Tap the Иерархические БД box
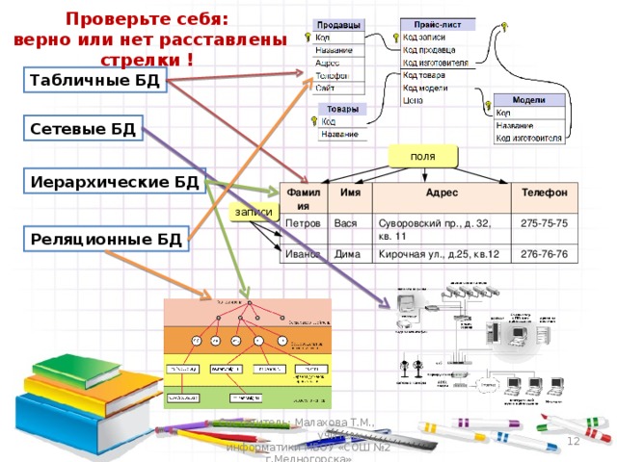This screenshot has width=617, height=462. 115,181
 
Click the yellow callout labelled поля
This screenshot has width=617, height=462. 422,156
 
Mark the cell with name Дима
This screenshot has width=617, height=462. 347,254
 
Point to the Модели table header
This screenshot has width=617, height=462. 528,100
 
